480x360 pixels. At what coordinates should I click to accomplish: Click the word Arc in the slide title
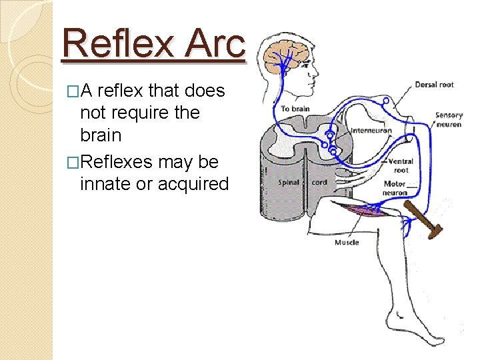click(215, 43)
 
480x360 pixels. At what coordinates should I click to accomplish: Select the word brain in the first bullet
click(100, 135)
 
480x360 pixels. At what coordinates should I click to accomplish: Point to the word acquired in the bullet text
click(193, 184)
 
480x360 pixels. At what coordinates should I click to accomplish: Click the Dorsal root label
click(434, 85)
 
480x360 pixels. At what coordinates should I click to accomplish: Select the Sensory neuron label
click(449, 119)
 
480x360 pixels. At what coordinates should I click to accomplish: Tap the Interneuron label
click(372, 131)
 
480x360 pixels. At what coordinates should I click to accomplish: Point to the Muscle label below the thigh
click(347, 242)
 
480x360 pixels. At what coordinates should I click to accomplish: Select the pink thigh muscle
click(359, 213)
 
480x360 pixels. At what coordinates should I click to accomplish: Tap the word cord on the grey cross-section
click(320, 182)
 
